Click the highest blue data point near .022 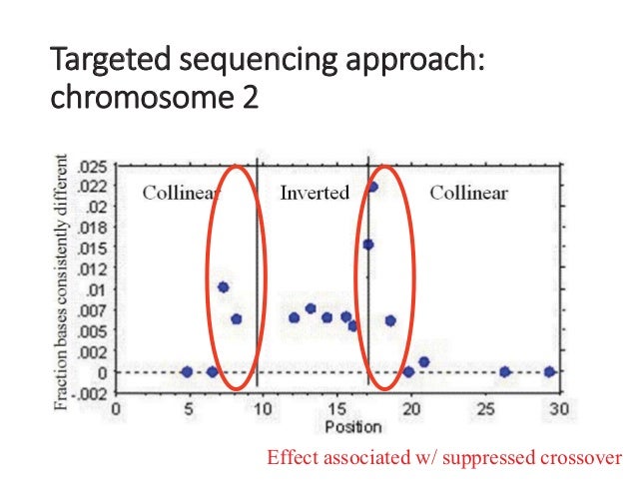point(372,187)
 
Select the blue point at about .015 point(367,245)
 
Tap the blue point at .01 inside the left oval point(224,287)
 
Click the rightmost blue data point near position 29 point(549,372)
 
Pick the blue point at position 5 point(187,372)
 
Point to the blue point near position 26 point(505,372)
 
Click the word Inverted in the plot point(315,193)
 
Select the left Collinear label point(181,193)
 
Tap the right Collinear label point(468,193)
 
